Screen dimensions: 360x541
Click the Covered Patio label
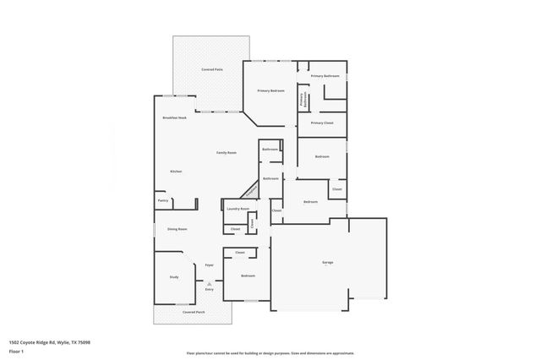pos(211,69)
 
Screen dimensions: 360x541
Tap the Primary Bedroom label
pos(270,90)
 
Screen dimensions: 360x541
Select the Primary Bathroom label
pos(325,76)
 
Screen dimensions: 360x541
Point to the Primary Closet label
pos(322,123)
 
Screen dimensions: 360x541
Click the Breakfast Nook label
pos(174,117)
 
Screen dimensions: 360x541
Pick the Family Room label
pos(226,152)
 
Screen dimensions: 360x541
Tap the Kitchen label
pos(176,172)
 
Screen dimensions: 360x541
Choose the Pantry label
pos(163,200)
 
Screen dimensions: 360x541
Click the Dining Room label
pos(177,229)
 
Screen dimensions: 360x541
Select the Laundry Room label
pos(238,208)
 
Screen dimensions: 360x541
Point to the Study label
pos(174,276)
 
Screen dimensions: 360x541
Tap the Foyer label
pos(209,265)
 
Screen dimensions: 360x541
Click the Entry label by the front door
pos(210,290)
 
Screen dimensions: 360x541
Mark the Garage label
pos(327,262)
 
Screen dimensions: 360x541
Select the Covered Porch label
pos(194,312)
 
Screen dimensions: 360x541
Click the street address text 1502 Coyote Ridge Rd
pos(49,341)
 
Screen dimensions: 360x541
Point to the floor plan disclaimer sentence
pos(270,353)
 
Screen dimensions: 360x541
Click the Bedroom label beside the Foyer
pos(248,276)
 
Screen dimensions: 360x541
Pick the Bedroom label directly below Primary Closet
pos(322,156)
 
